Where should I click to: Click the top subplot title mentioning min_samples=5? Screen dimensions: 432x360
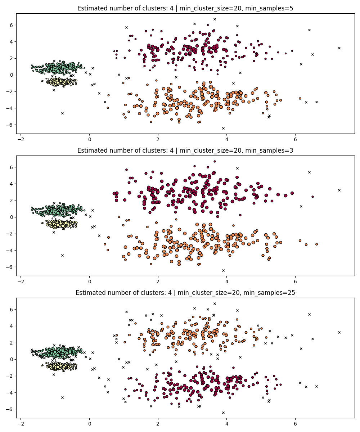pyautogui.click(x=185, y=8)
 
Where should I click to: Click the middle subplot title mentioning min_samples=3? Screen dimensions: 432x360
pyautogui.click(x=185, y=150)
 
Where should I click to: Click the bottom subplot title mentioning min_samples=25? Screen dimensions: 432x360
pyautogui.click(x=185, y=293)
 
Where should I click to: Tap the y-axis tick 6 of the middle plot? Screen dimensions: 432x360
pyautogui.click(x=12, y=167)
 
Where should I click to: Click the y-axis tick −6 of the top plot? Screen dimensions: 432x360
pyautogui.click(x=10, y=125)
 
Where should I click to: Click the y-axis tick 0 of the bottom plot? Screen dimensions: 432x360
pyautogui.click(x=12, y=359)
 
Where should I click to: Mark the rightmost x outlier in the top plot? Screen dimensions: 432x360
pyautogui.click(x=339, y=48)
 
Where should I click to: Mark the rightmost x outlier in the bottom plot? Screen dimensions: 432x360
pyautogui.click(x=339, y=332)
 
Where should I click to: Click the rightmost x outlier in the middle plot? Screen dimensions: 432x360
pyautogui.click(x=339, y=190)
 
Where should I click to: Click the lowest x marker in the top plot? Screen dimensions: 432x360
pyautogui.click(x=223, y=128)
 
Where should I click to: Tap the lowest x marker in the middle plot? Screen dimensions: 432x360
pyautogui.click(x=223, y=270)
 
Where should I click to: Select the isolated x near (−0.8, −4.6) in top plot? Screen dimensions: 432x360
pyautogui.click(x=62, y=113)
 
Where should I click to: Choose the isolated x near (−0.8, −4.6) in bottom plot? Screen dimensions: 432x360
pyautogui.click(x=62, y=397)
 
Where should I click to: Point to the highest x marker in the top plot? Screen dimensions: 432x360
pyautogui.click(x=215, y=19)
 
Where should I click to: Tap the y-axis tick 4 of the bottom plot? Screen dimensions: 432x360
pyautogui.click(x=12, y=326)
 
